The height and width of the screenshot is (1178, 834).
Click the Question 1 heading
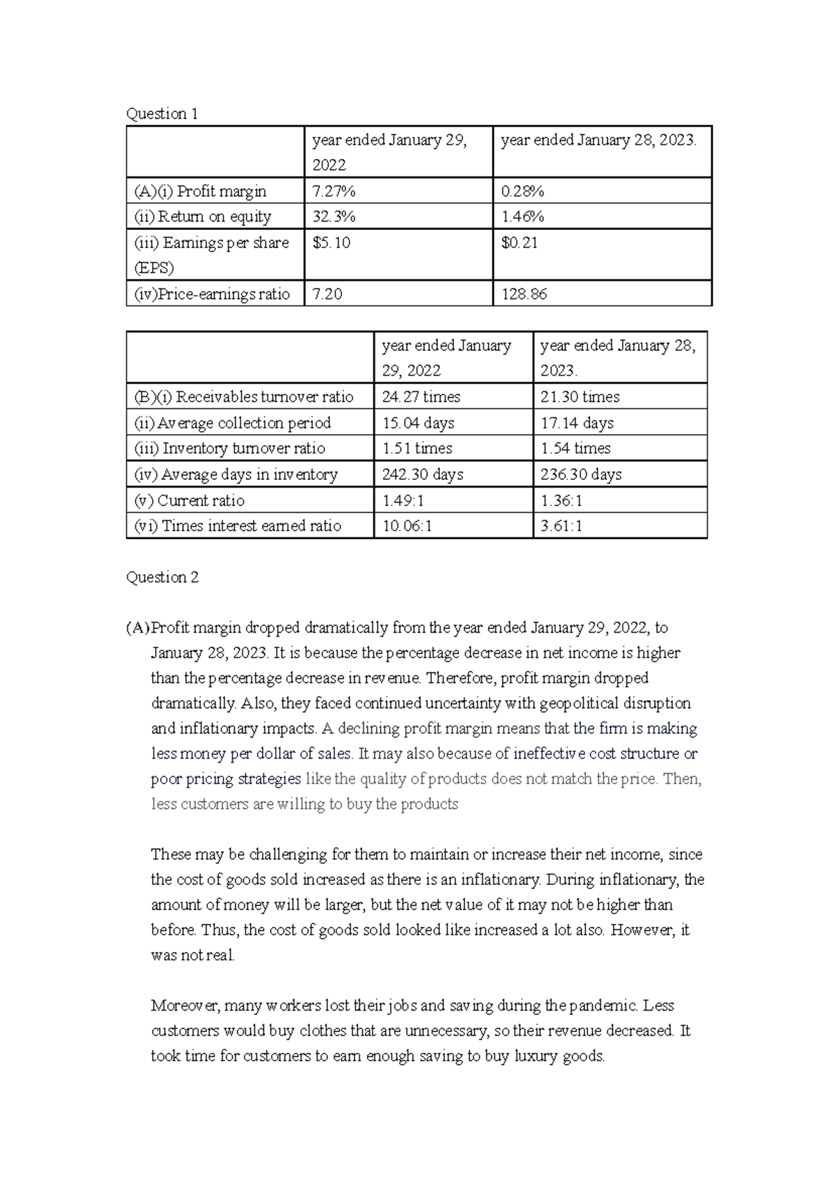[x=162, y=114]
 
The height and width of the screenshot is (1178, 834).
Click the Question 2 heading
[x=162, y=577]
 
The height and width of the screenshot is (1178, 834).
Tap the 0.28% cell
[x=523, y=191]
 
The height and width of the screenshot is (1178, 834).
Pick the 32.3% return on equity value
[x=334, y=217]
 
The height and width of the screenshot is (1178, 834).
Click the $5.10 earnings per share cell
[x=332, y=243]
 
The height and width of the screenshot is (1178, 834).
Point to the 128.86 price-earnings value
[x=524, y=294]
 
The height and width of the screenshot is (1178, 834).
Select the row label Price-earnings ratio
[x=212, y=294]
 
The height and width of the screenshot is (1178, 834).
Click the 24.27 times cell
[x=421, y=397]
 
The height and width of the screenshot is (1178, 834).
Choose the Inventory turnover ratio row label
[x=229, y=449]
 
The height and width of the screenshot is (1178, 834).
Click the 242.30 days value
[x=423, y=474]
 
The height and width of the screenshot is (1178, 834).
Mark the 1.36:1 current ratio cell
[x=562, y=501]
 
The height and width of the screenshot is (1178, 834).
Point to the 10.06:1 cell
[x=407, y=526]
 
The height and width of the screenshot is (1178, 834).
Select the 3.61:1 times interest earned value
[x=562, y=526]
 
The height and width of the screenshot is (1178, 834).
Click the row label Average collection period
[x=232, y=423]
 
